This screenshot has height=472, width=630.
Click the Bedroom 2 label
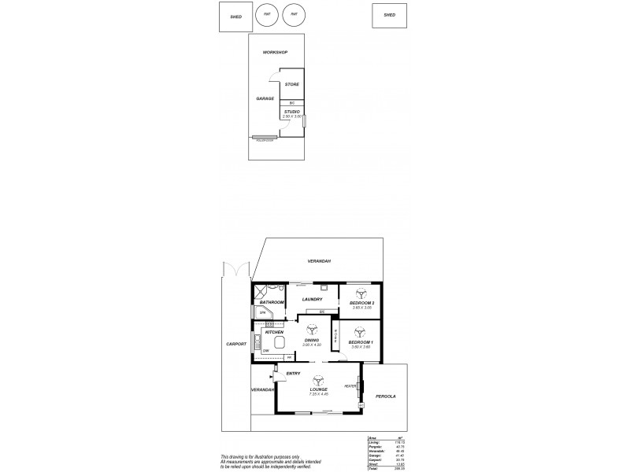coord(361,303)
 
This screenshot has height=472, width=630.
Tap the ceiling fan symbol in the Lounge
coord(317,380)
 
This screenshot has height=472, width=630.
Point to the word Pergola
coord(385,396)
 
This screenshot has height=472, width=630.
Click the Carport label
coord(235,344)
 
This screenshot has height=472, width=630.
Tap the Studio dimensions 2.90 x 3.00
coord(292,116)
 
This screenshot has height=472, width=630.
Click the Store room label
coord(291,84)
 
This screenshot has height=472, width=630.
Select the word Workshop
coord(275,53)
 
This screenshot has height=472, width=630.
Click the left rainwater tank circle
coord(267,14)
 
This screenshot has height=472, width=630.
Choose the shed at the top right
coord(389,14)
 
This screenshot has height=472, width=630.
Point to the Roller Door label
coord(265,140)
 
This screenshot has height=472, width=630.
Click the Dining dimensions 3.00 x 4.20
coord(313,345)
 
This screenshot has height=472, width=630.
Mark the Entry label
coord(293,373)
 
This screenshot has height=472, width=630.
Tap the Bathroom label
coord(272,303)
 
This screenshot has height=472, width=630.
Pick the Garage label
coord(265,99)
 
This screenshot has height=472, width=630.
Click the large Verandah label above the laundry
coord(319,260)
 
